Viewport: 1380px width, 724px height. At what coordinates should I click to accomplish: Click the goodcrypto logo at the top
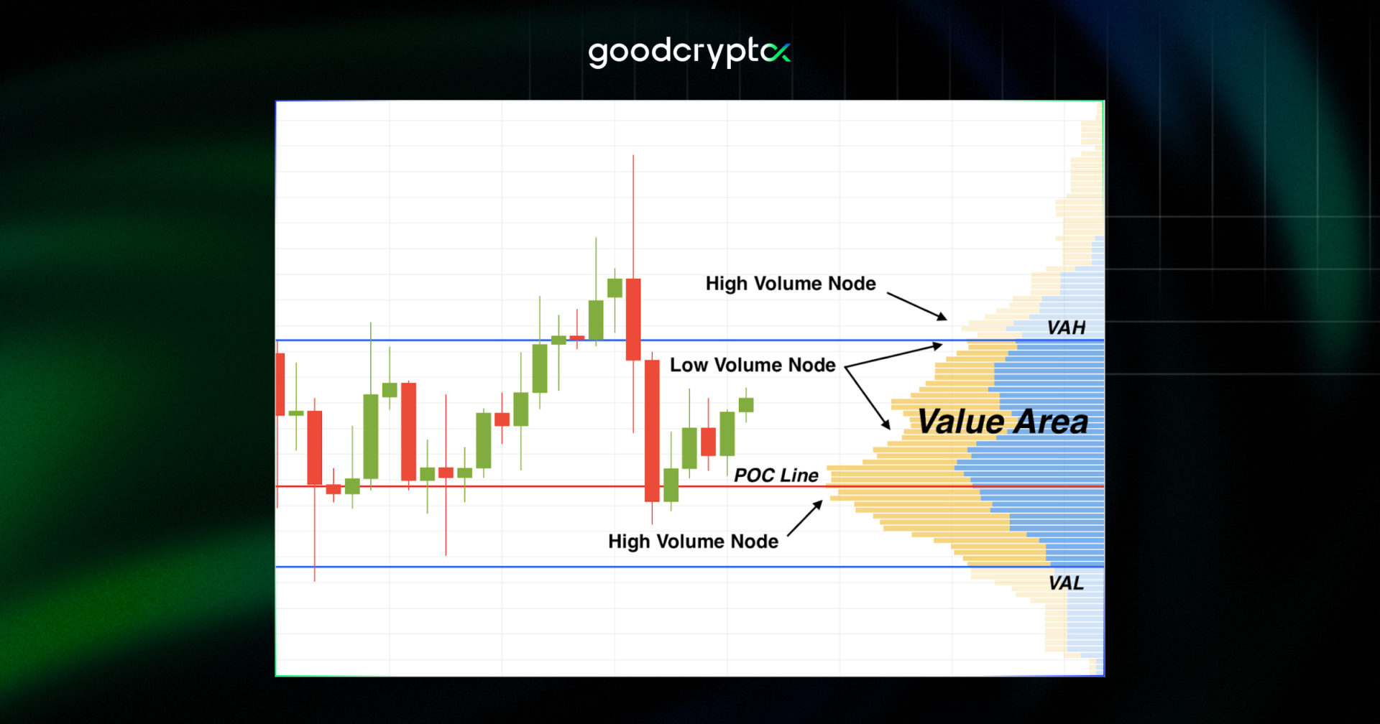[x=689, y=52]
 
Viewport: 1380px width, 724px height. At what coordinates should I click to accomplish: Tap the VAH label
[x=1066, y=328]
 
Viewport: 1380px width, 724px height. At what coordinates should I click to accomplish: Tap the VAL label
[x=1066, y=583]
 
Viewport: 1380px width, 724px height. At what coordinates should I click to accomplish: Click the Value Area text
[x=1003, y=422]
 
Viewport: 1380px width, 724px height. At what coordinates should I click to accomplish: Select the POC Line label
[x=776, y=475]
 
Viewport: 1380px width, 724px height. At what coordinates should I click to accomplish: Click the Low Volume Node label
[x=753, y=365]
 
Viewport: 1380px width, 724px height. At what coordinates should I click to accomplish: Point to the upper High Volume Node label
[x=791, y=284]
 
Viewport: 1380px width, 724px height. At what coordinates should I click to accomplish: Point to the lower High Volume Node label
[x=693, y=542]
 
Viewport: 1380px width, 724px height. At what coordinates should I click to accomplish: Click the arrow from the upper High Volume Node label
[x=916, y=306]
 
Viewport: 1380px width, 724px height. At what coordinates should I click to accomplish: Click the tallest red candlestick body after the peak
[x=652, y=431]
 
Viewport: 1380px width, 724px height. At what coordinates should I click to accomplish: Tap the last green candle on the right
[x=746, y=405]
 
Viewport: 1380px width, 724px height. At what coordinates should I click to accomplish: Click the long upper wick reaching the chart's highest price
[x=633, y=215]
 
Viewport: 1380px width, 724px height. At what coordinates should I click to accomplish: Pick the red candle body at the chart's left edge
[x=280, y=384]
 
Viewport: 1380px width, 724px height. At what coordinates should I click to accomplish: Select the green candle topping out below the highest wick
[x=615, y=288]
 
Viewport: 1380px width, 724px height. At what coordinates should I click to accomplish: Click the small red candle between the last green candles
[x=708, y=442]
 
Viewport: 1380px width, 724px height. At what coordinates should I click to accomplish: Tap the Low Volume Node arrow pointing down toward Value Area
[x=868, y=398]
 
